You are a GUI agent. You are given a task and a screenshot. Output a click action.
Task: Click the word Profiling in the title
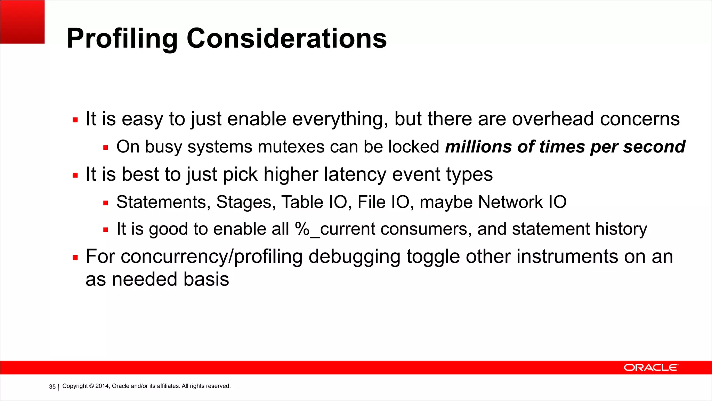tap(122, 39)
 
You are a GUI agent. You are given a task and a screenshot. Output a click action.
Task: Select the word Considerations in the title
tap(286, 38)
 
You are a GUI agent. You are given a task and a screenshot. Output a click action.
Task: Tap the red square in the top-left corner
tap(22, 22)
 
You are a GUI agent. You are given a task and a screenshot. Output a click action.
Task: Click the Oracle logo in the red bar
tap(650, 368)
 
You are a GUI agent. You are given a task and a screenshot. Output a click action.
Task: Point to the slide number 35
tap(52, 387)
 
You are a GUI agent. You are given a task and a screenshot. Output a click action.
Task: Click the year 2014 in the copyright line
tap(102, 386)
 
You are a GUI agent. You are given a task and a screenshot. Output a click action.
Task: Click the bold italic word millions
tap(478, 147)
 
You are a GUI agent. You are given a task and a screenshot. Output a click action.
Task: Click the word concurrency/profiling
tap(211, 257)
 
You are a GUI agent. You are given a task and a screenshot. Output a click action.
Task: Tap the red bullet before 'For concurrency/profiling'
tap(75, 258)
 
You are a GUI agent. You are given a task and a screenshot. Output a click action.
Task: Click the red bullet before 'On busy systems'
tap(106, 148)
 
